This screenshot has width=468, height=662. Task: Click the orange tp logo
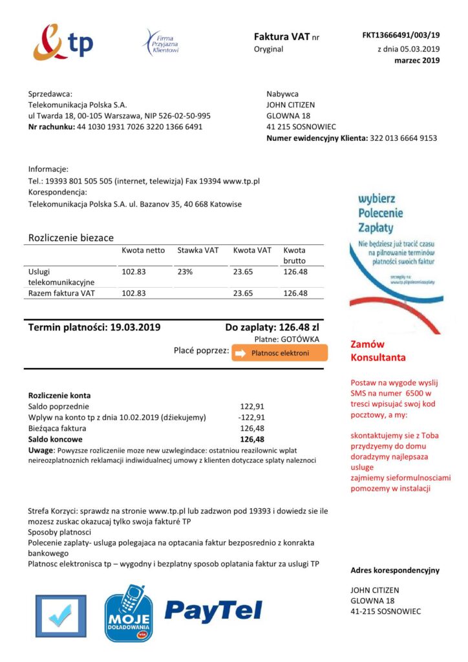63,43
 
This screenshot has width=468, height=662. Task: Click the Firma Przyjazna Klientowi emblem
160,42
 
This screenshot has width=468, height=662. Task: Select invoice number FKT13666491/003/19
400,35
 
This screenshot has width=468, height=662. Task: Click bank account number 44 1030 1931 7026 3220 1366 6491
140,127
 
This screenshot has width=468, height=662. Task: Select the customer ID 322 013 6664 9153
403,138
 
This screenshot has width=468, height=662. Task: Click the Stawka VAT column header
198,250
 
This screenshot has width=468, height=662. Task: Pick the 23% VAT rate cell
185,272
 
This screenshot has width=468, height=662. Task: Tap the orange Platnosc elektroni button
279,353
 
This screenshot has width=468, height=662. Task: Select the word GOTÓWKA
309,339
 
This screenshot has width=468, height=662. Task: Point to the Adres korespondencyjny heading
394,570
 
